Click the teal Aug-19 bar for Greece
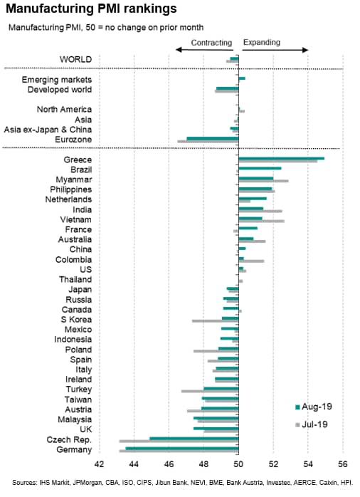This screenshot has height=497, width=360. pyautogui.click(x=282, y=159)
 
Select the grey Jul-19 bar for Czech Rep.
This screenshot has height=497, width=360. pyautogui.click(x=179, y=441)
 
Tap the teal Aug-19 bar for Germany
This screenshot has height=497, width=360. pyautogui.click(x=182, y=449)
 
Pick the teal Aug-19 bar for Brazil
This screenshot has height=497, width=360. pyautogui.click(x=260, y=168)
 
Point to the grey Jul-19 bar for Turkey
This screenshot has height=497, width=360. pyautogui.click(x=210, y=391)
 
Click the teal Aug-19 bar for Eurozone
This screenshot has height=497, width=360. pyautogui.click(x=213, y=139)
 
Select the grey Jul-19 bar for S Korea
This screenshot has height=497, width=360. pyautogui.click(x=216, y=321)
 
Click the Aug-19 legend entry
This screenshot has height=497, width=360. pyautogui.click(x=314, y=407)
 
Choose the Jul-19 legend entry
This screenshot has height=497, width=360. pyautogui.click(x=312, y=424)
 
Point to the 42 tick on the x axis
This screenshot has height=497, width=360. pyautogui.click(x=100, y=464)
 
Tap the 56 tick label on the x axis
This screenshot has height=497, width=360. pyautogui.click(x=343, y=464)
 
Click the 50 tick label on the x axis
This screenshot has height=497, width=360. pyautogui.click(x=238, y=464)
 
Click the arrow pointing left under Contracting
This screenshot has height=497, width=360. pyautogui.click(x=204, y=50)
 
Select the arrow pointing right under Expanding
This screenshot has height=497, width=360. pyautogui.click(x=275, y=50)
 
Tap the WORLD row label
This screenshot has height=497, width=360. pyautogui.click(x=75, y=59)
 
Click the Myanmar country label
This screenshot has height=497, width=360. pyautogui.click(x=74, y=179)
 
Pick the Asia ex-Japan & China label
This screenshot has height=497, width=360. pyautogui.click(x=48, y=130)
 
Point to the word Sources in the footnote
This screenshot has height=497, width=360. pyautogui.click(x=24, y=483)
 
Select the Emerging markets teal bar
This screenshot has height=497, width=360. pyautogui.click(x=242, y=78)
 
